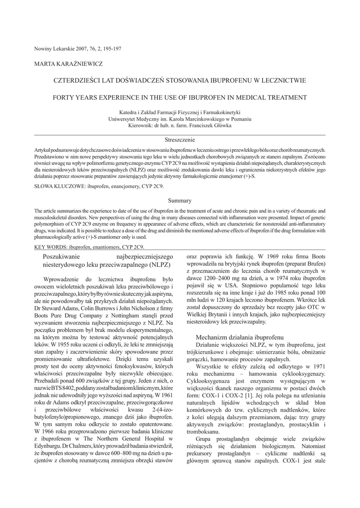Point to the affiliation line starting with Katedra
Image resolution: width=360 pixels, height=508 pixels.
tap(180, 113)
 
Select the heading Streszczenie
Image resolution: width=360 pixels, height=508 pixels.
tap(180, 140)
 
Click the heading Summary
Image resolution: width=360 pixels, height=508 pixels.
tap(180, 200)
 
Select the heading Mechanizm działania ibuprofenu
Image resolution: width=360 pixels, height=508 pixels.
tap(239, 337)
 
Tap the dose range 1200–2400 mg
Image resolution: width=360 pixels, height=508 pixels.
tap(213, 279)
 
